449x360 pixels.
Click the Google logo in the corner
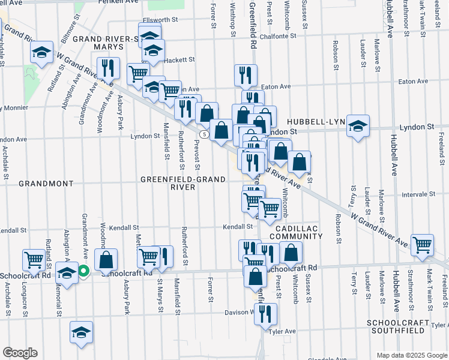(x=20, y=353)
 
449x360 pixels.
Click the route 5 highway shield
(x=205, y=134)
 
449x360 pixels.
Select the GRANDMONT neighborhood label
(x=46, y=183)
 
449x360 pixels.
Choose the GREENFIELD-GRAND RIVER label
(x=183, y=183)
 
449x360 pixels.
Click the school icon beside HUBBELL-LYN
(x=358, y=125)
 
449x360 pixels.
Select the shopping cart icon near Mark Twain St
(x=423, y=244)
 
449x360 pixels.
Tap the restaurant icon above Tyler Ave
(x=265, y=313)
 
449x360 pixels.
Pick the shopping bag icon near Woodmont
(x=106, y=259)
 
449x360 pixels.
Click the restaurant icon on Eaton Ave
(x=246, y=74)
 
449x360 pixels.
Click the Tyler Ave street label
(x=283, y=331)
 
